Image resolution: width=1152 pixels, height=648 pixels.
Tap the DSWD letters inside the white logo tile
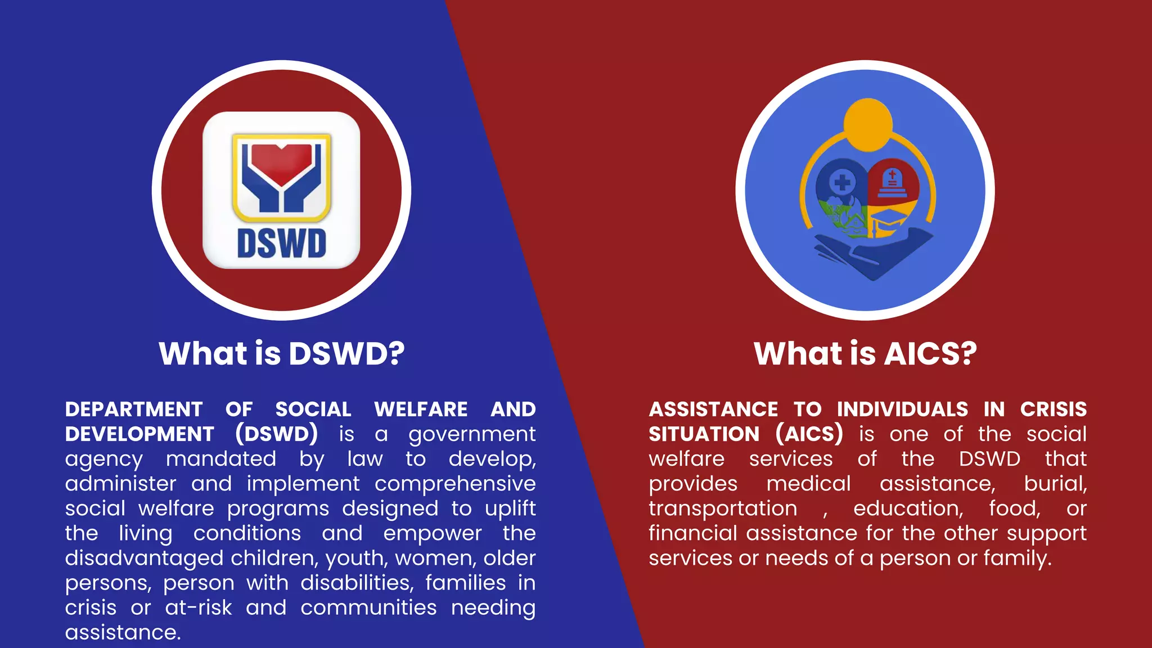[x=281, y=243]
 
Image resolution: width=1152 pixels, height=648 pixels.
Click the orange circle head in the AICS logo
[x=868, y=124]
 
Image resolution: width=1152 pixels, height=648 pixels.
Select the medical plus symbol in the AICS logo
[x=842, y=182]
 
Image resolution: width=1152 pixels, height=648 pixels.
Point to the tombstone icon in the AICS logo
[x=892, y=183]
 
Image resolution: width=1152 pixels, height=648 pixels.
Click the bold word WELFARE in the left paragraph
[x=421, y=409]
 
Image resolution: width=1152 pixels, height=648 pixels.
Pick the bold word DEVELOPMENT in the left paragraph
[x=139, y=434]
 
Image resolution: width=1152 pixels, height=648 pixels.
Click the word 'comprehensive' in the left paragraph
[x=455, y=484]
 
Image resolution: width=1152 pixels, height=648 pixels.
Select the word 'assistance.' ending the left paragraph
[x=123, y=632]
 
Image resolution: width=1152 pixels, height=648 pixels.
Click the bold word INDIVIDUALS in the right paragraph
[x=902, y=409]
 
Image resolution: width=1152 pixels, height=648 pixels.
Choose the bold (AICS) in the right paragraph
[x=809, y=434]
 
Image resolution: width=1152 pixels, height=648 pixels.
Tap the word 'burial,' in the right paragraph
[x=1055, y=484]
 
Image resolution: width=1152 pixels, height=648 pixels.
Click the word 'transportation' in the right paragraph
[x=723, y=508]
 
